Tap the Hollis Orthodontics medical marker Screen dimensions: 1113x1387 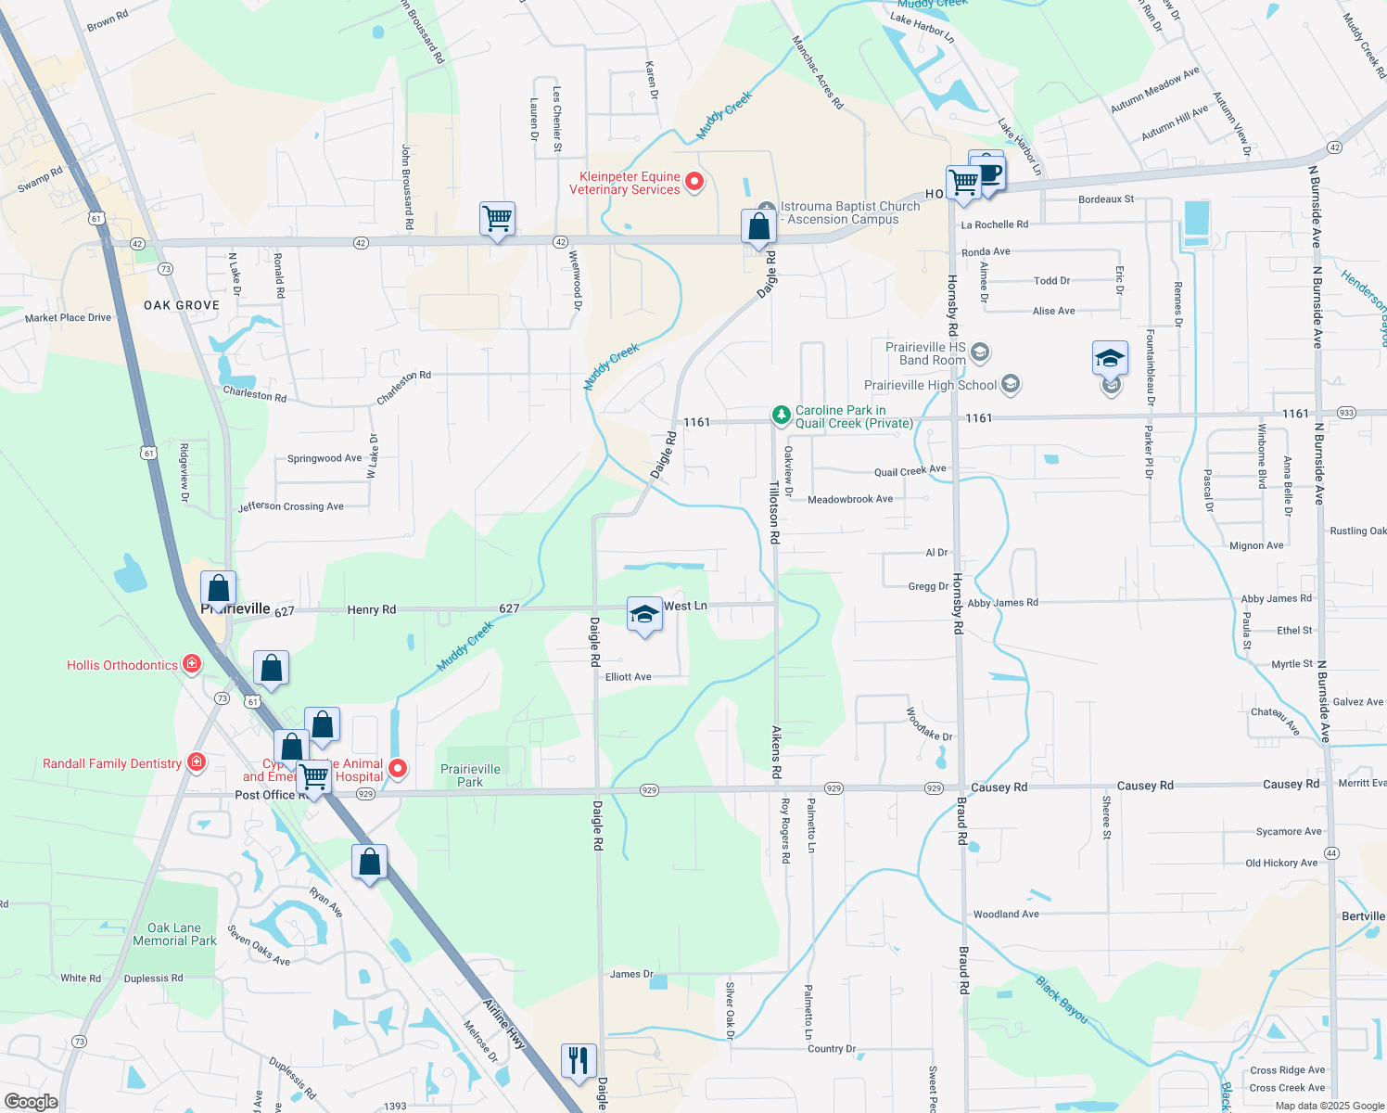tap(192, 663)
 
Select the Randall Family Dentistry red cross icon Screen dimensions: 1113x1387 tap(196, 762)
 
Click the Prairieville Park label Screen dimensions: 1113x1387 tap(470, 775)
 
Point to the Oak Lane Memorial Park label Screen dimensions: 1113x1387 tap(174, 934)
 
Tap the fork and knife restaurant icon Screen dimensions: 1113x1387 tap(579, 1059)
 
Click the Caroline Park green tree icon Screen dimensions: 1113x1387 tap(782, 414)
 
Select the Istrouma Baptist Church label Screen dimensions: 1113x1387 tap(850, 212)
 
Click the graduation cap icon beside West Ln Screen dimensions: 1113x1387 tap(644, 615)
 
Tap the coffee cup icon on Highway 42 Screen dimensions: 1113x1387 tap(989, 173)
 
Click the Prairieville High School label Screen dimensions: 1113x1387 tap(930, 385)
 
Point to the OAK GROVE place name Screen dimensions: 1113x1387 tap(182, 305)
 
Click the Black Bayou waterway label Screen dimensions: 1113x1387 tap(1062, 1000)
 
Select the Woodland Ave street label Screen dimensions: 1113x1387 tap(1006, 915)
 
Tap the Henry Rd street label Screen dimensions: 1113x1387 tap(371, 609)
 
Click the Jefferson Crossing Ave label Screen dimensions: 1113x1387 tap(291, 506)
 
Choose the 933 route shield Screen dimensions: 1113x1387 tap(1347, 413)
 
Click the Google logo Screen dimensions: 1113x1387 tap(32, 1102)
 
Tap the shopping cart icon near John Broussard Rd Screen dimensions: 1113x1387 tap(498, 220)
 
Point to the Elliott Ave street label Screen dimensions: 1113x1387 tap(628, 677)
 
